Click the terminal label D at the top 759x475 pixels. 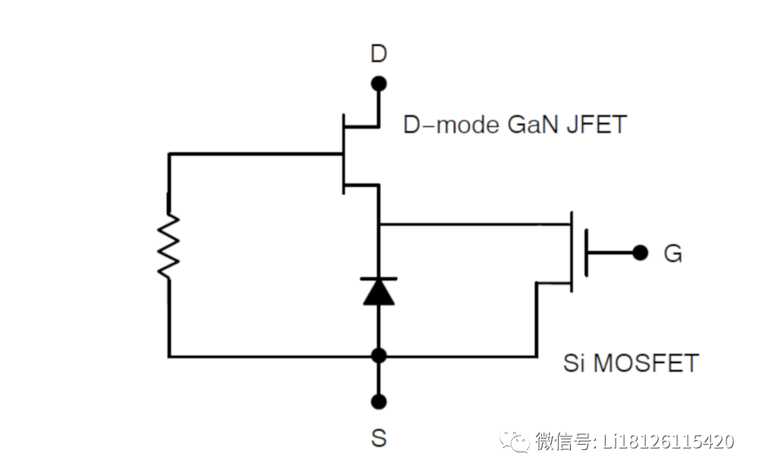point(378,54)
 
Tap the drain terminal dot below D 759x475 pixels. point(378,83)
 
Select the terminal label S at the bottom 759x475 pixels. point(378,438)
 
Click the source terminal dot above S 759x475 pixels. point(379,401)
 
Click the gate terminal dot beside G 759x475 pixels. point(641,252)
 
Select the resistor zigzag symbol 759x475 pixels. point(169,247)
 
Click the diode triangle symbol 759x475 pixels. point(379,291)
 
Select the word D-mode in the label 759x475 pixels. point(449,124)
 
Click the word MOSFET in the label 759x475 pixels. point(645,362)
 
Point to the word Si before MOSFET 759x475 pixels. point(574,362)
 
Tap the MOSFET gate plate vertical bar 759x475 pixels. point(586,253)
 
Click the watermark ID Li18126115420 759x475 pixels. point(668,440)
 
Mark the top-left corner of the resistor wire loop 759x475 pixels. point(169,154)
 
